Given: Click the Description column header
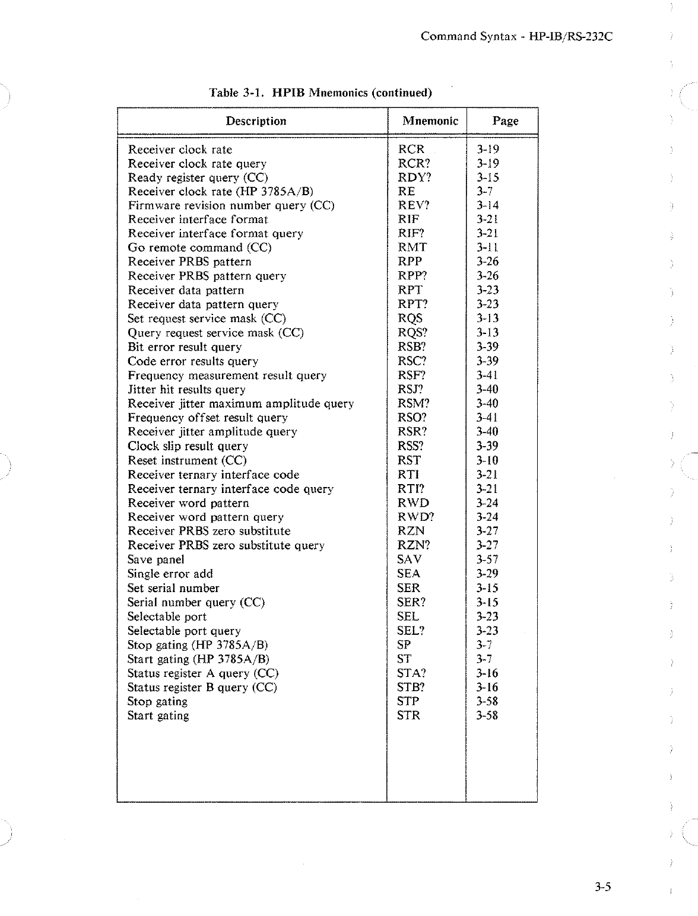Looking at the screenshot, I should pos(256,121).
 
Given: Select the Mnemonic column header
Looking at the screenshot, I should pos(430,121).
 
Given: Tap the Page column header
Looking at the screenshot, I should pos(505,121).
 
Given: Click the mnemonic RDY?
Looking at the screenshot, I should pos(414,177).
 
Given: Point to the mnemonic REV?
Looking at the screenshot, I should pos(413,205).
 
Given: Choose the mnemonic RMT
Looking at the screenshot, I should pos(412,247).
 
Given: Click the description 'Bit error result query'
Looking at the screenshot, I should pos(185,347).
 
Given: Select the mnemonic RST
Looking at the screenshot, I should pos(409,460).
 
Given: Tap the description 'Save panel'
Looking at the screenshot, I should pos(156,559).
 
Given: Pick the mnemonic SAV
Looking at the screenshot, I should pos(409,559).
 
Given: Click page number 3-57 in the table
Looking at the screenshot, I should pos(487,559).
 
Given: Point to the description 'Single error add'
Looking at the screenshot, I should pos(170,574).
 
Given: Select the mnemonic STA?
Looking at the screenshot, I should pos(411,673).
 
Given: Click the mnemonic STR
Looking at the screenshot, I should pos(408,715).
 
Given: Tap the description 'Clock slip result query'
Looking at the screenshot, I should pos(188,446).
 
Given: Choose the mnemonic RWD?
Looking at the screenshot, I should pos(415,517).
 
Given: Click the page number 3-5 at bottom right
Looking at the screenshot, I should pos(603,888).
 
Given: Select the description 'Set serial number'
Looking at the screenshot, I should pos(173,588).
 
